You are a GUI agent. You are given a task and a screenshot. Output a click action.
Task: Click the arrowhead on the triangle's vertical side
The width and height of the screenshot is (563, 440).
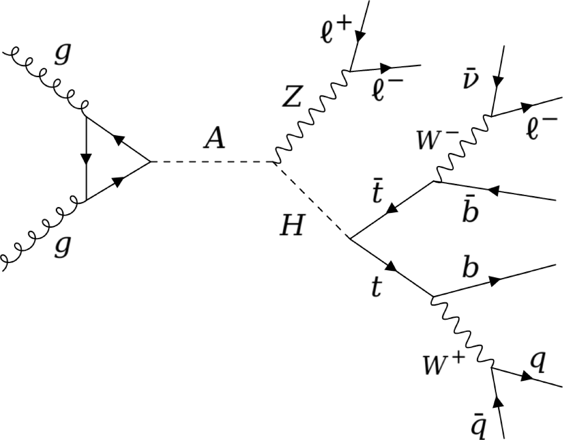pyautogui.click(x=86, y=158)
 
